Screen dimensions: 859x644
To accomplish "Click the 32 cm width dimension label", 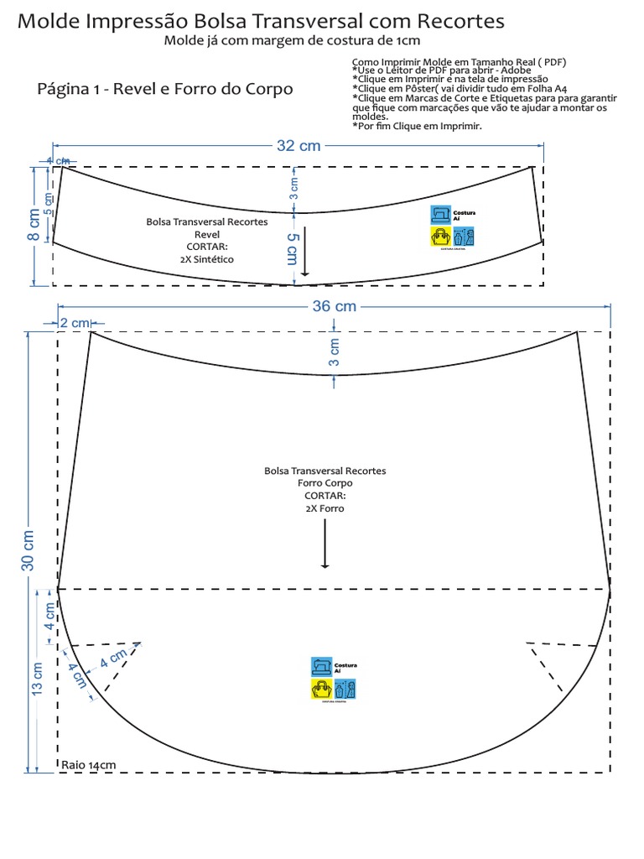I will pyautogui.click(x=299, y=145).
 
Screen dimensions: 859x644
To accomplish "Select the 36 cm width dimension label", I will pyautogui.click(x=335, y=306).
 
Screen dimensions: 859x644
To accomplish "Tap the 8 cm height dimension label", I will pyautogui.click(x=33, y=225).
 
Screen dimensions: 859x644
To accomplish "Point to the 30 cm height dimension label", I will pyautogui.click(x=28, y=550).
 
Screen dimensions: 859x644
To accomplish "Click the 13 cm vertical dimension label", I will pyautogui.click(x=38, y=680).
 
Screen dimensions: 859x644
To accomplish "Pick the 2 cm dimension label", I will pyautogui.click(x=74, y=323).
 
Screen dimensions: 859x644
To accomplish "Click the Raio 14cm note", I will pyautogui.click(x=88, y=765).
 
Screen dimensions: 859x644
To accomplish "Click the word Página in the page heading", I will pyautogui.click(x=65, y=88).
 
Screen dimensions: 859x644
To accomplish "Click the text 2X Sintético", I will pyautogui.click(x=207, y=259).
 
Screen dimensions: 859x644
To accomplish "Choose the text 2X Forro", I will pyautogui.click(x=325, y=508).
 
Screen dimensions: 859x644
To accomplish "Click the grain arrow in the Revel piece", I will pyautogui.click(x=305, y=252).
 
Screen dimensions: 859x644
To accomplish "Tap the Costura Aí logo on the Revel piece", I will pyautogui.click(x=452, y=226).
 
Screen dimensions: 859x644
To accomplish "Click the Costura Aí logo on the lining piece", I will pyautogui.click(x=333, y=678).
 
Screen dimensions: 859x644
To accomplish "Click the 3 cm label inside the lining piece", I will pyautogui.click(x=334, y=352).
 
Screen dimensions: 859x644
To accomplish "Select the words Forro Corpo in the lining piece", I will pyautogui.click(x=325, y=483).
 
